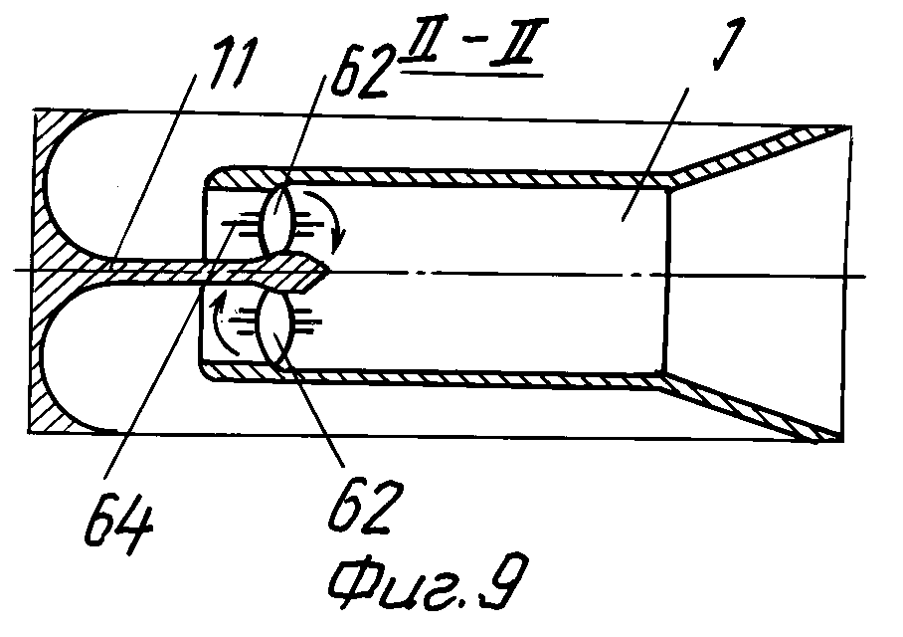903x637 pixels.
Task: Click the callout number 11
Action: (x=232, y=63)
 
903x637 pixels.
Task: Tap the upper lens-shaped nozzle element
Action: (x=279, y=220)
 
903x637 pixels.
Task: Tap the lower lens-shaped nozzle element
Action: (x=277, y=328)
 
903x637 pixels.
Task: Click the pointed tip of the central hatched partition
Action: (x=329, y=269)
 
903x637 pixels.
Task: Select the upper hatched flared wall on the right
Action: (x=755, y=155)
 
